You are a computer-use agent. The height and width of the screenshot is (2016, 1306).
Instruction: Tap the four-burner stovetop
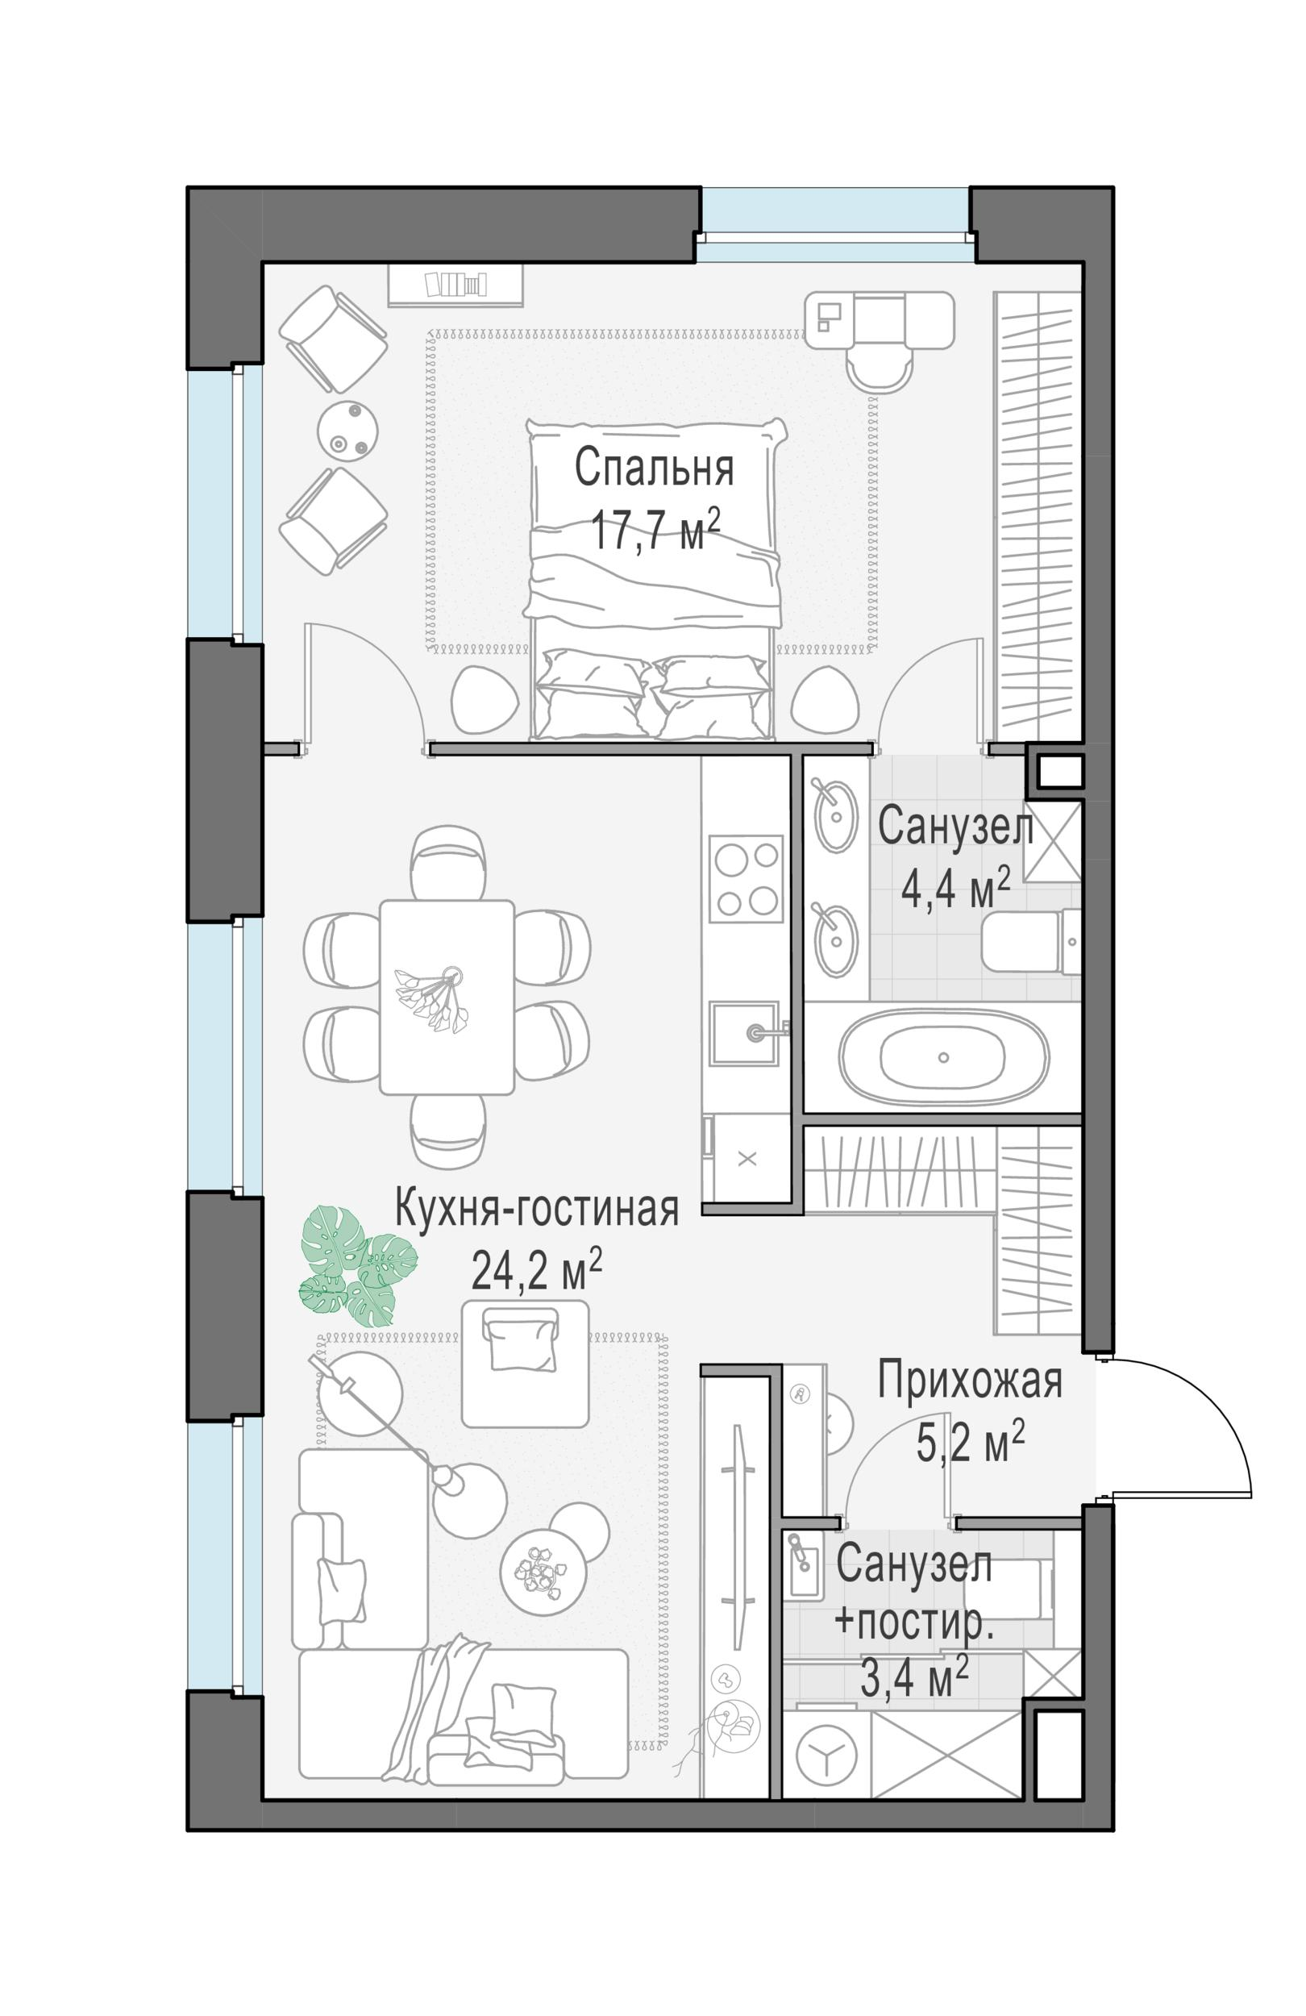click(x=747, y=877)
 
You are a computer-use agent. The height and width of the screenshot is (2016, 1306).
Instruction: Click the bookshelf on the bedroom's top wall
click(x=455, y=285)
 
